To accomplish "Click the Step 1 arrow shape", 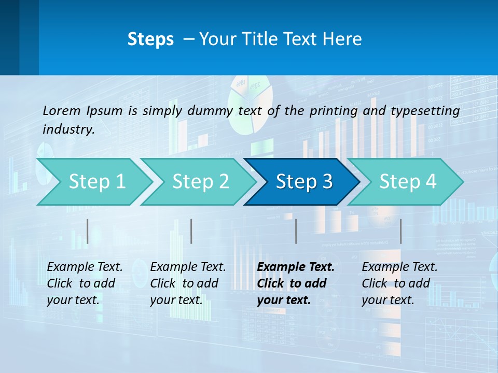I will (93, 182).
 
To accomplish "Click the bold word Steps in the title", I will (150, 39).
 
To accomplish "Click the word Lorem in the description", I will (61, 110).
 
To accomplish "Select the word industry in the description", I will (68, 130).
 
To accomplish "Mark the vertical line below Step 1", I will (88, 231).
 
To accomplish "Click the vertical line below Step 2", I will (191, 231).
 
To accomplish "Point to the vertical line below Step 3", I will (296, 231).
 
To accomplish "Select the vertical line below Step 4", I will (400, 231).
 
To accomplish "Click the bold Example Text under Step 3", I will (296, 267).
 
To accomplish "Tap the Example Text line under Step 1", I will (85, 267).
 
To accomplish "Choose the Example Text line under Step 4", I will (399, 267).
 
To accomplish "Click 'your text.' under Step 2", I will (176, 300).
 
